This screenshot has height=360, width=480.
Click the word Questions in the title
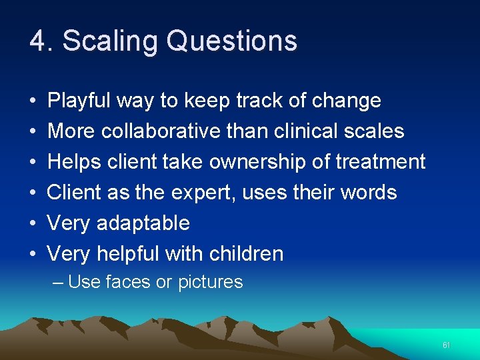point(231,41)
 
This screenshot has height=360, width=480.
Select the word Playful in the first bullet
point(79,101)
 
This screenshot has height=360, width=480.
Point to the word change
point(346,101)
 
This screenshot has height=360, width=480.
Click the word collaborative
point(160,131)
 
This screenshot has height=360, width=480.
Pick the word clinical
point(309,131)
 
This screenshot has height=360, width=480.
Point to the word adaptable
point(143,223)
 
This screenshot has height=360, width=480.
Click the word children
point(246,253)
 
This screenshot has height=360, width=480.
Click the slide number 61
point(446,345)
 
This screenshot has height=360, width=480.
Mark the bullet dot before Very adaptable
point(33,223)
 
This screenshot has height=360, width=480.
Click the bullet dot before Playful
point(33,101)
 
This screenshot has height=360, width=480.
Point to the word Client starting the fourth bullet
point(74,193)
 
